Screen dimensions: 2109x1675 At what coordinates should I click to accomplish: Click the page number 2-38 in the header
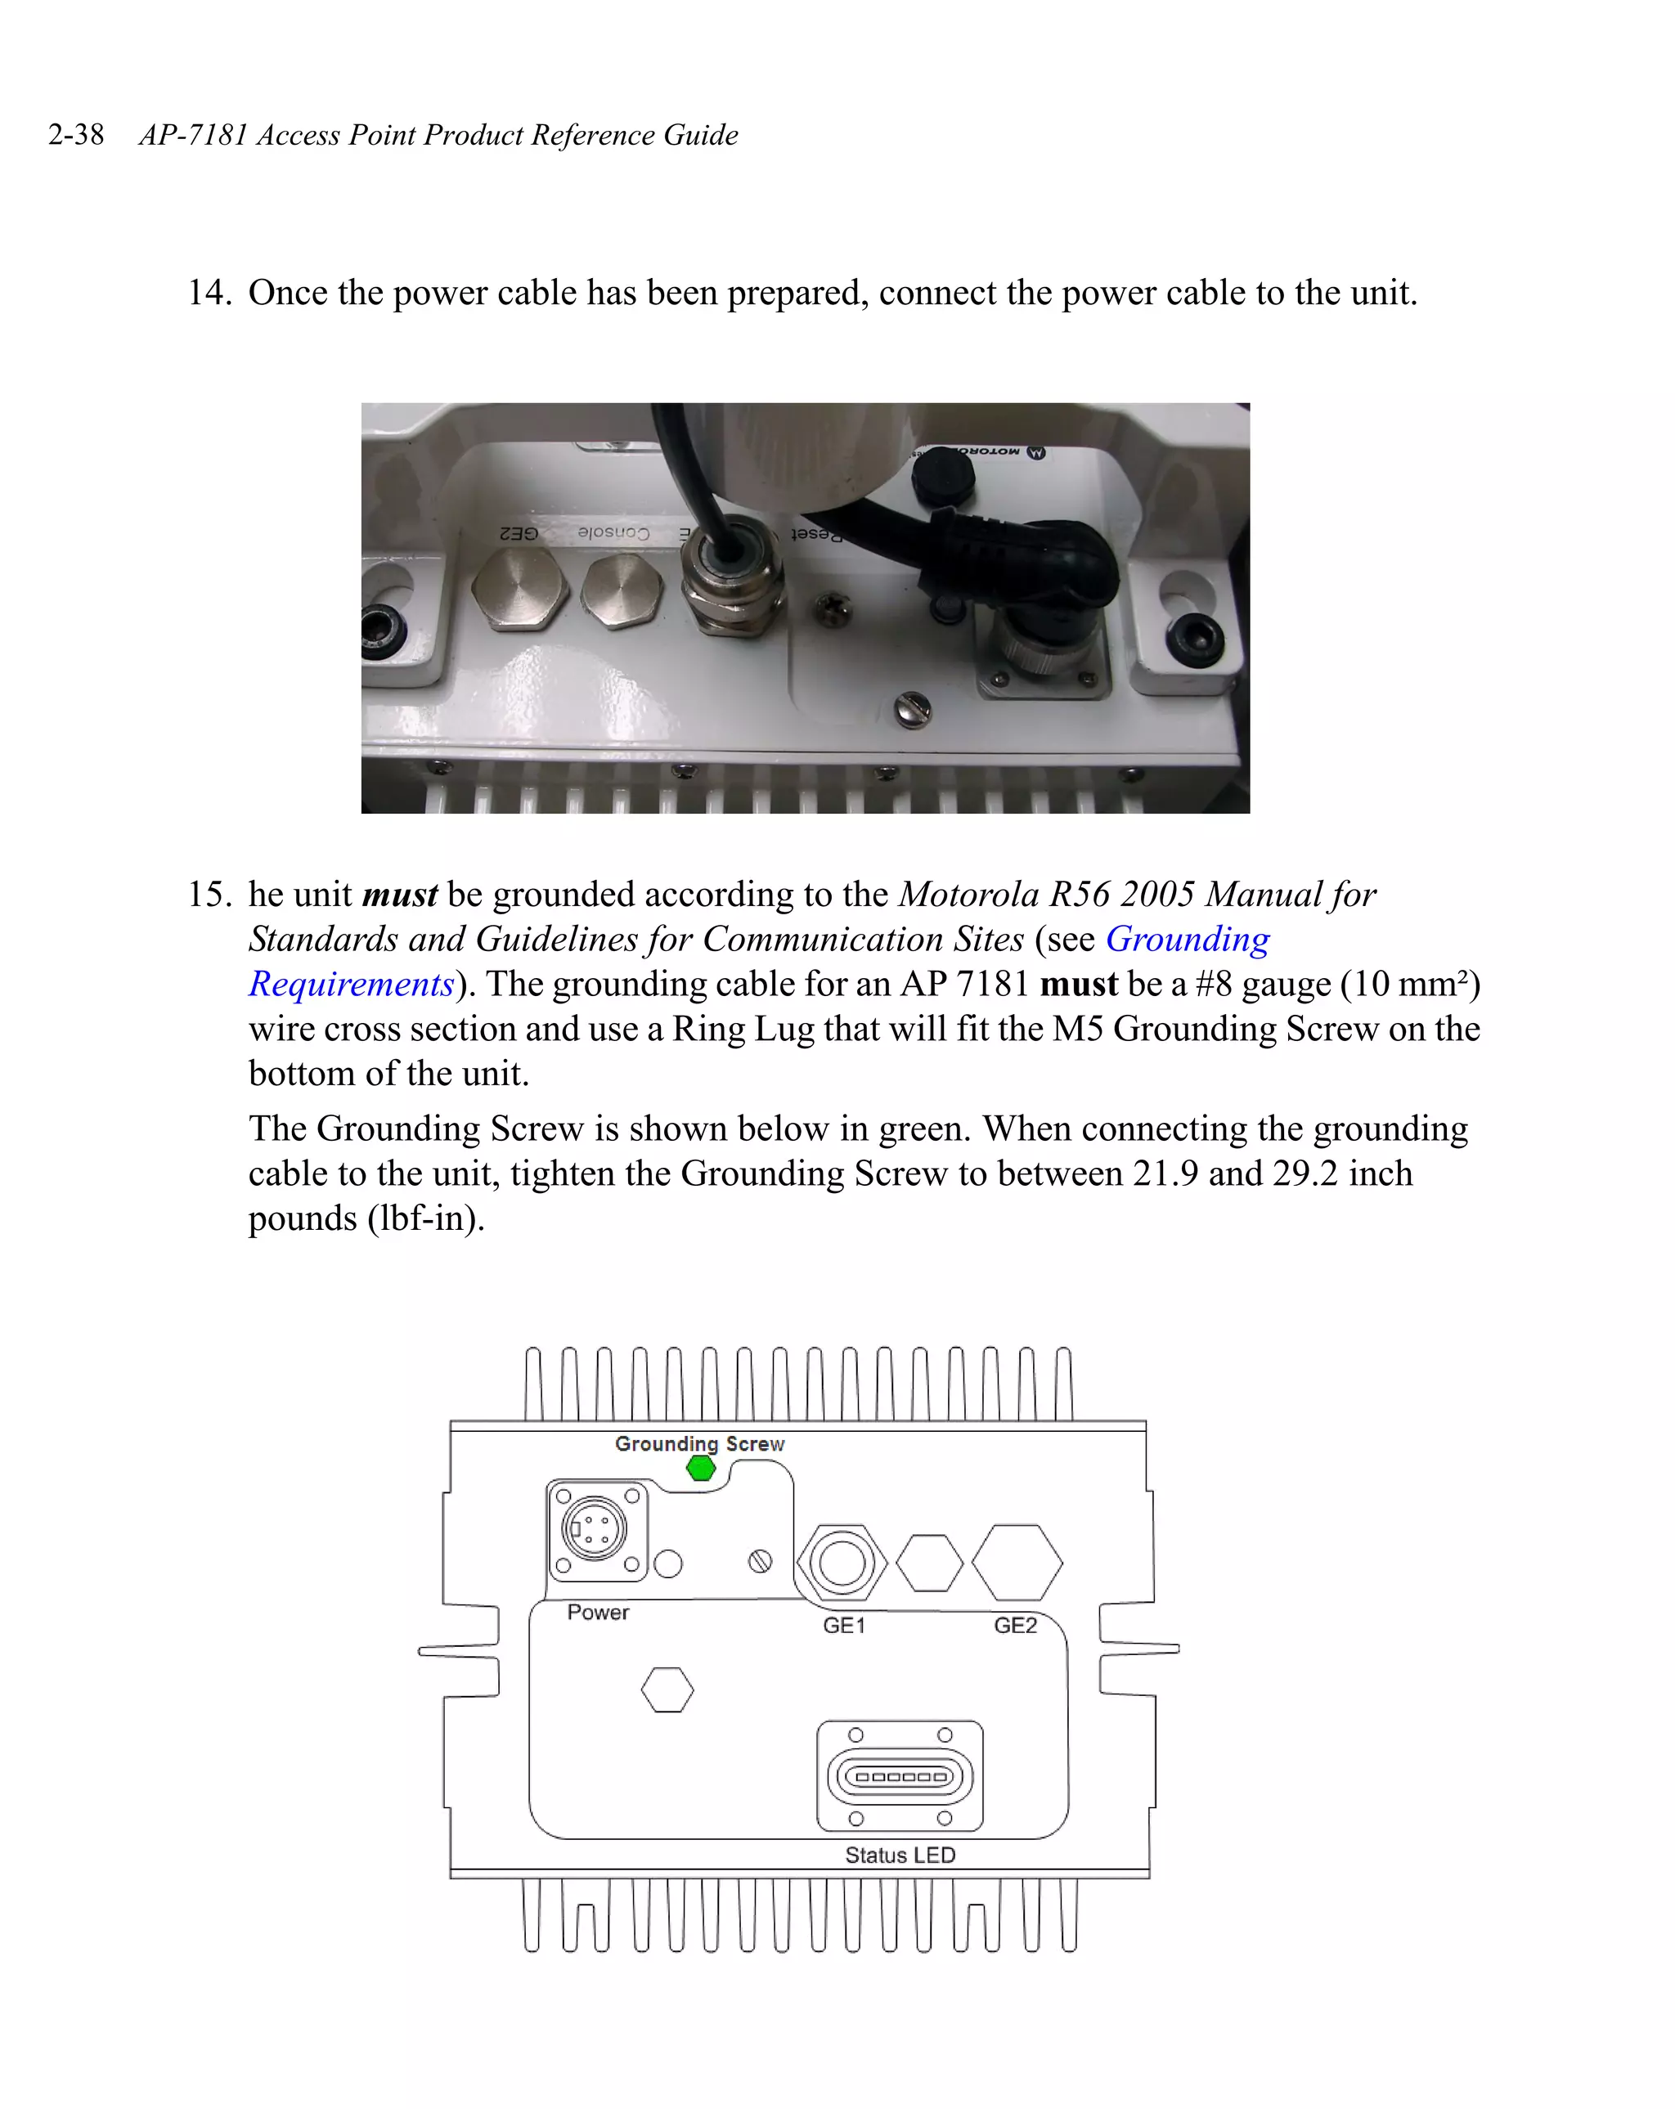pos(75,134)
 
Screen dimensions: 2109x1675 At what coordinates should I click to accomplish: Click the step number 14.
pos(209,293)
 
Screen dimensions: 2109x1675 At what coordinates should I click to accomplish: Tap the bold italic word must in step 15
pos(399,894)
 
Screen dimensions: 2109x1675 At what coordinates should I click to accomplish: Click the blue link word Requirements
pos(351,984)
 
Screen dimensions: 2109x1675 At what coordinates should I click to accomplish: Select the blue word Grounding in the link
pos(1187,939)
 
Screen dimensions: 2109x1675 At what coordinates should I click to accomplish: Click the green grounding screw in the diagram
pos(701,1468)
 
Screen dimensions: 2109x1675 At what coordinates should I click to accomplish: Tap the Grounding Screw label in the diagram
pos(699,1444)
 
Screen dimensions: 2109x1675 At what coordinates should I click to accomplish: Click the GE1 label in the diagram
pos(843,1626)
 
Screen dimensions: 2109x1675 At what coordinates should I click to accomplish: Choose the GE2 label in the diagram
pos(1015,1626)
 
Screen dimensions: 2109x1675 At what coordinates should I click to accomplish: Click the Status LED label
pos(899,1855)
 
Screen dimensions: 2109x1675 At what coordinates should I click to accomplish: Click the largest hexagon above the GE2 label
pos(1017,1562)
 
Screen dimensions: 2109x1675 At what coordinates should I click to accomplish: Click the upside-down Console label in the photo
pos(613,532)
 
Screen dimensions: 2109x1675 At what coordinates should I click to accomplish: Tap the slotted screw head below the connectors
pos(912,708)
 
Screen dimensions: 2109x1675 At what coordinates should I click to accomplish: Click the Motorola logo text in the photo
pos(988,452)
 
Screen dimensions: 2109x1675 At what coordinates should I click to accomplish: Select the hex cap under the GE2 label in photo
pos(519,590)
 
